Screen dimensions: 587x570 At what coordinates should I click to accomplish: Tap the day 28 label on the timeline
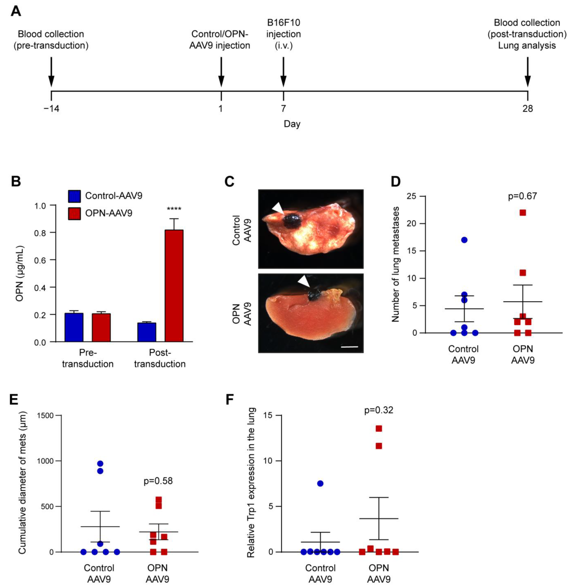click(x=527, y=108)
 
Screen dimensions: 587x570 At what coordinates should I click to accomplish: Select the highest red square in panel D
click(x=523, y=213)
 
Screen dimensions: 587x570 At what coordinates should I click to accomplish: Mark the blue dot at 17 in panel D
click(x=464, y=240)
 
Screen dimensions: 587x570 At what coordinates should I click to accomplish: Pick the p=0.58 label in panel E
click(x=158, y=481)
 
